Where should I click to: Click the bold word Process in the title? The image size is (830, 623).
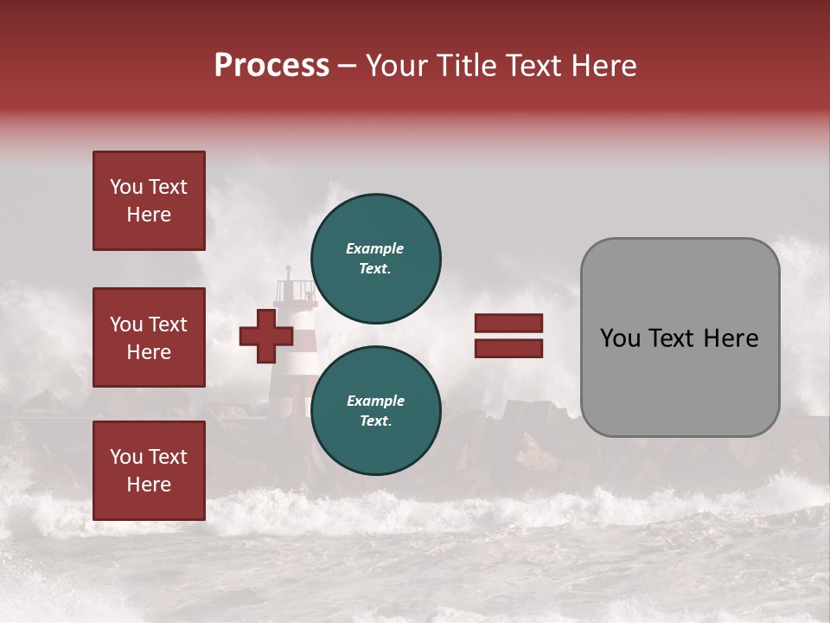pos(271,66)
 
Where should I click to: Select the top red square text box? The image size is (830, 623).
pos(149,201)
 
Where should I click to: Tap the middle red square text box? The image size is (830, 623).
pos(149,337)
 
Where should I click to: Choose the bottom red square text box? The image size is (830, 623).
pos(149,471)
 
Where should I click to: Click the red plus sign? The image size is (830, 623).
pos(266,336)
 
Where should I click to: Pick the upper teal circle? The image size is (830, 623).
pos(375,258)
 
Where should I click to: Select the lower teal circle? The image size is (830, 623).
pos(375,410)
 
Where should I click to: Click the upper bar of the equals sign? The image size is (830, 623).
pos(508,324)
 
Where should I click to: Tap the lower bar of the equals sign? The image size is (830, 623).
pos(508,348)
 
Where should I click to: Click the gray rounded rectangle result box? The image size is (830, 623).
pos(680,337)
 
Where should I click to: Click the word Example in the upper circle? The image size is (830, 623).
pos(374,248)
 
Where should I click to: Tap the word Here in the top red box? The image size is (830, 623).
pos(149,215)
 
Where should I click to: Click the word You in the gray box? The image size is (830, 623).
pos(620,338)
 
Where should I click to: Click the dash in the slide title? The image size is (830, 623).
pos(347,67)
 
